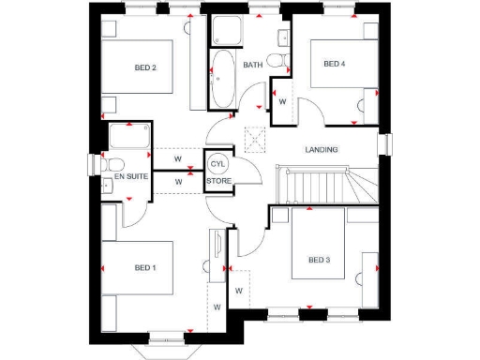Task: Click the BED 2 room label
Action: pos(144,67)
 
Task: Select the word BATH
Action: pos(253,65)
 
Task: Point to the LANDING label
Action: pos(322,150)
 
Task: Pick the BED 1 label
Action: pos(144,268)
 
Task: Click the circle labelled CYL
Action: pos(217,163)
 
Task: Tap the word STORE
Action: pos(218,181)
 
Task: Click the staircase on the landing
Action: pos(323,185)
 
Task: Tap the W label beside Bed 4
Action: pos(282,100)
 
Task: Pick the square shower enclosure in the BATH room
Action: pos(226,33)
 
